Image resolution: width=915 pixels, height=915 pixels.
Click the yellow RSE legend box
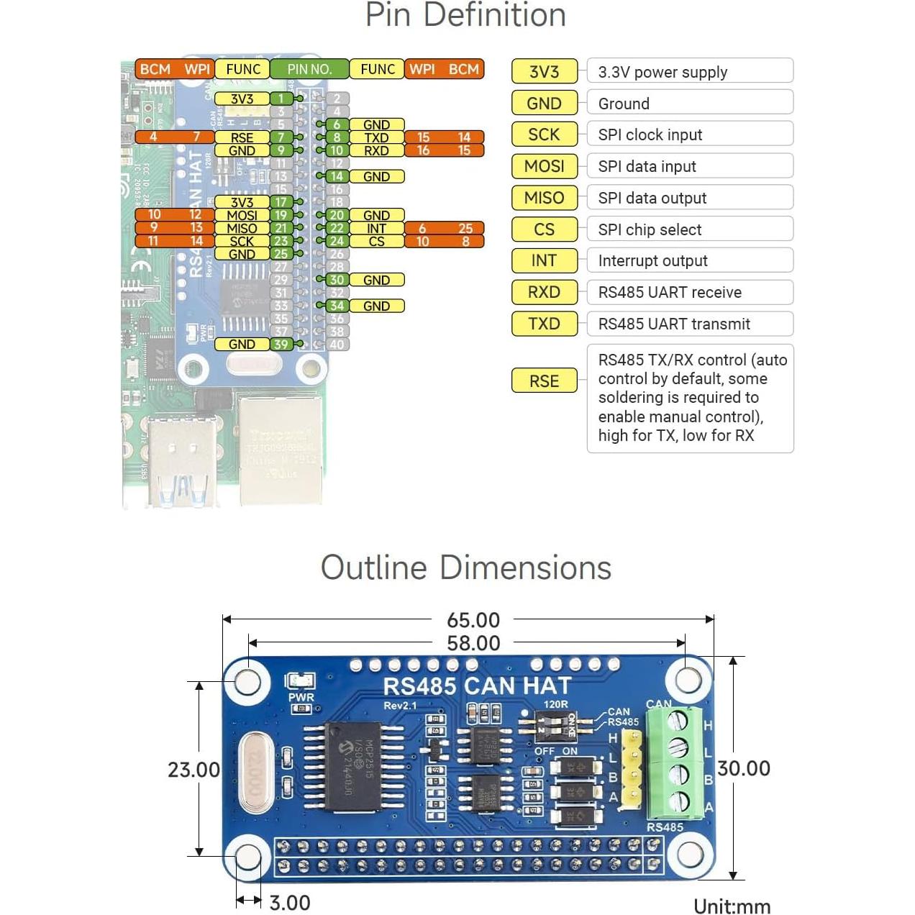click(544, 381)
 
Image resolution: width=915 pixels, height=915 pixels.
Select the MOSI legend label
click(544, 166)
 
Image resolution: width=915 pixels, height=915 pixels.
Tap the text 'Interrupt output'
click(652, 260)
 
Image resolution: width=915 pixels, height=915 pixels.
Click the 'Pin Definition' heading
click(465, 15)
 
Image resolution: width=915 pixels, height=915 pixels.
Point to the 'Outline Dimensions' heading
click(465, 568)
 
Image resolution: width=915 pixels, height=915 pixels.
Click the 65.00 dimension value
click(473, 619)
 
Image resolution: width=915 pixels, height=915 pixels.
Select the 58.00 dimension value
click(473, 643)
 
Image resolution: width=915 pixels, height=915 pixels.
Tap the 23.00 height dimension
click(194, 770)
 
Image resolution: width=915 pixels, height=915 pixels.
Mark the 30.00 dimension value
click(744, 768)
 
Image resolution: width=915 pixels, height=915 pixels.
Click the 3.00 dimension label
click(290, 903)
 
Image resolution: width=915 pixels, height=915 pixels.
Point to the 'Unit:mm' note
click(732, 906)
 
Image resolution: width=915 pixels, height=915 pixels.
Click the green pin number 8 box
click(337, 137)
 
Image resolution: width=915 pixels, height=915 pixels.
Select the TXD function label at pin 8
click(376, 137)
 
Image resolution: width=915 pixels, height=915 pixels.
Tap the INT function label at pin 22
click(376, 228)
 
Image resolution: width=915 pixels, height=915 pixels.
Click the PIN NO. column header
click(309, 69)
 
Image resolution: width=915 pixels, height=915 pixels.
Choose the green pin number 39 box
click(281, 344)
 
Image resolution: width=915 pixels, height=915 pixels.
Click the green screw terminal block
click(675, 762)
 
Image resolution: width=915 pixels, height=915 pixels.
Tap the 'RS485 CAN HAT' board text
click(477, 686)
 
